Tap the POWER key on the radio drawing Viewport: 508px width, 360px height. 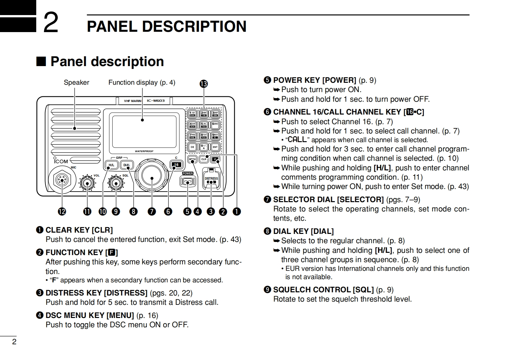point(188,182)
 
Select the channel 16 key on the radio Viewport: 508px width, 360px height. point(176,165)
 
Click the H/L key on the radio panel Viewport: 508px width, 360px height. point(111,165)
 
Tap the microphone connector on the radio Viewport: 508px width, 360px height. point(62,180)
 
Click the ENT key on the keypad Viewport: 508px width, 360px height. point(215,147)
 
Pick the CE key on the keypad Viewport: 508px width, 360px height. point(192,147)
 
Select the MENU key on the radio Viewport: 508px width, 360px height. point(192,159)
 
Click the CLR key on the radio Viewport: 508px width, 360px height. point(204,159)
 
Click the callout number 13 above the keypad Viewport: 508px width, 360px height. point(204,84)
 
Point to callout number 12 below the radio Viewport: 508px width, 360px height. point(62,212)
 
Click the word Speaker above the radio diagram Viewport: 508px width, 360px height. point(76,82)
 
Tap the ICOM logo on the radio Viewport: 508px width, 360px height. point(61,161)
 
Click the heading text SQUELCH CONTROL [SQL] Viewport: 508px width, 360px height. point(323,290)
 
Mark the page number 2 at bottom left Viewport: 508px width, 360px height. point(14,342)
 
